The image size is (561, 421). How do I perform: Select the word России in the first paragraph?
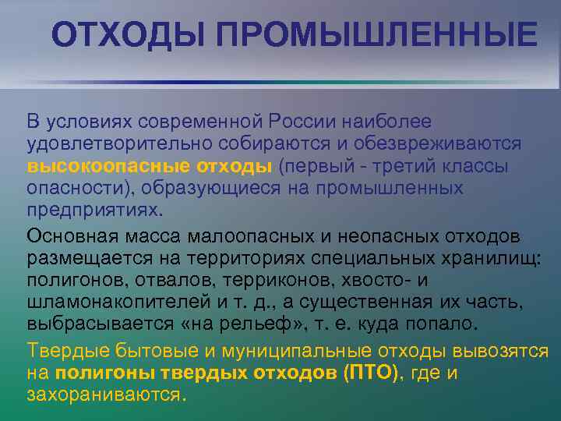point(302,122)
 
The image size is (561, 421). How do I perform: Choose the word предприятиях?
point(94,210)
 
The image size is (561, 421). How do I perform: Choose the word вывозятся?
point(503,351)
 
